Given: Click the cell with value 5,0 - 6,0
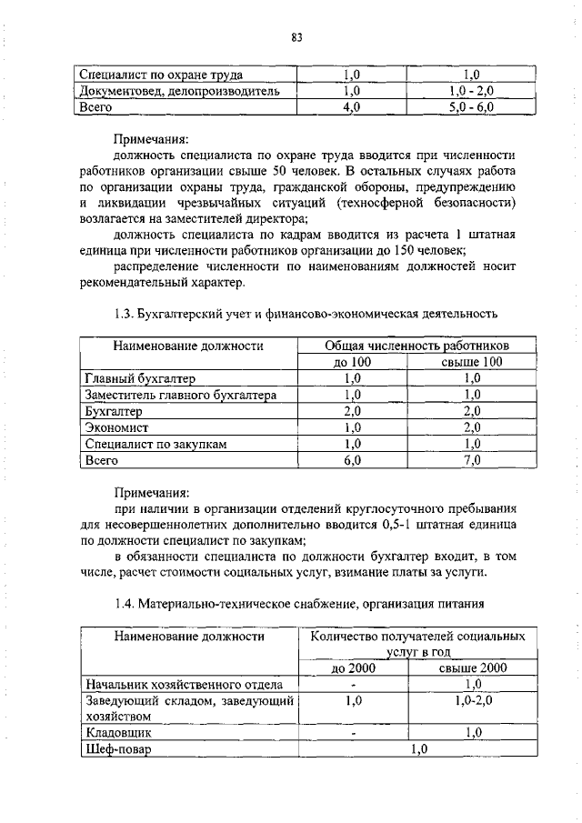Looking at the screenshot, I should [x=471, y=107].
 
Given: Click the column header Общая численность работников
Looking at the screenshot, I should [x=417, y=346].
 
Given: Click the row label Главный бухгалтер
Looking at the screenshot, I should [x=140, y=378].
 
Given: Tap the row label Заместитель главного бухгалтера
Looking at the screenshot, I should [x=180, y=395].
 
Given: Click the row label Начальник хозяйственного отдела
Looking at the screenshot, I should [x=183, y=684].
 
